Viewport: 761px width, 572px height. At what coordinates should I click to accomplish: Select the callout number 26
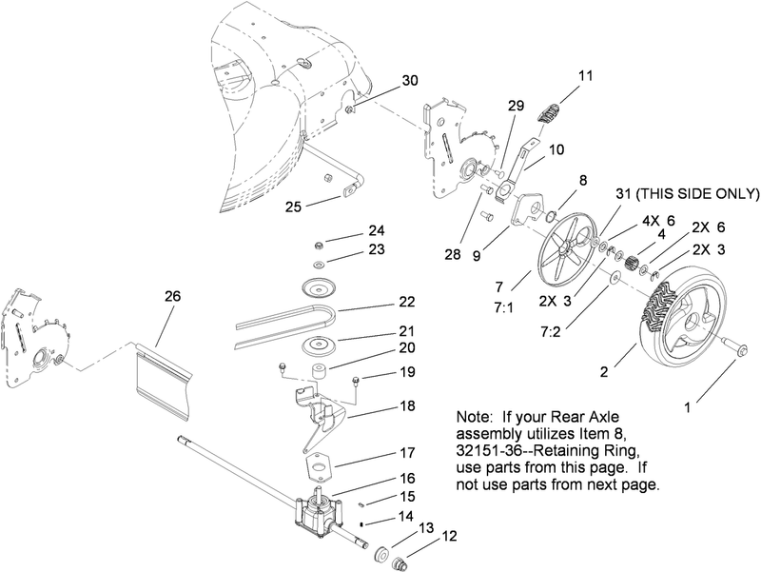click(x=171, y=296)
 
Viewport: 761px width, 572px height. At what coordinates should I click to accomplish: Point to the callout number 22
click(x=380, y=304)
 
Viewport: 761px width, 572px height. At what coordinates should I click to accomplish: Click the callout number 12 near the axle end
click(x=449, y=536)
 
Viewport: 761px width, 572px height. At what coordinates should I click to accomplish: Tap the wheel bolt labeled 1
click(x=734, y=348)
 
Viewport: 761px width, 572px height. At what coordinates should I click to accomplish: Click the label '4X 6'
click(x=657, y=221)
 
